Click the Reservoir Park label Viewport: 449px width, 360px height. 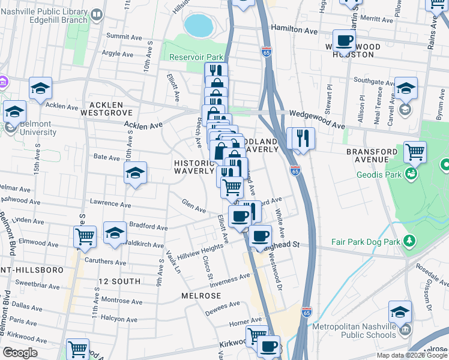[x=196, y=57]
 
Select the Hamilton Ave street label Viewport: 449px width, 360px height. [x=294, y=29]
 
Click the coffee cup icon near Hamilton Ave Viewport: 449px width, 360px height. [x=344, y=41]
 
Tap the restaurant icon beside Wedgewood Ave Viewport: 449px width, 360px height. [x=301, y=139]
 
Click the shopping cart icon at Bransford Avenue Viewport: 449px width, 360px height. [x=415, y=152]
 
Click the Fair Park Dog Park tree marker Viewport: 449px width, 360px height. [x=410, y=241]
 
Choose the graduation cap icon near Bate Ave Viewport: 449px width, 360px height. [x=136, y=173]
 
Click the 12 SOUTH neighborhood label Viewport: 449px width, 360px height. [x=119, y=281]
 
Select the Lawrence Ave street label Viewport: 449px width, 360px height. [x=110, y=203]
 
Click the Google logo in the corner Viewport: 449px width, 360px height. [x=20, y=353]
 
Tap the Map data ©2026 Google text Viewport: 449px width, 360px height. [x=411, y=355]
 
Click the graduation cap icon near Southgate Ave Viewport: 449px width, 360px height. [x=406, y=88]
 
